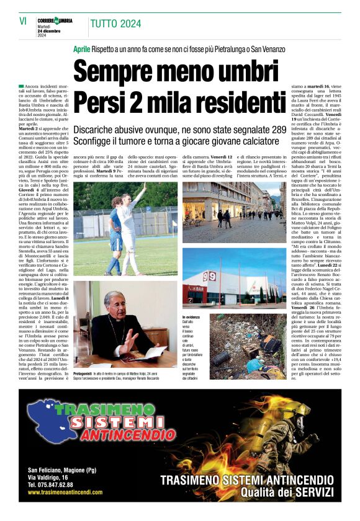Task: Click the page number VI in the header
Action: click(23, 21)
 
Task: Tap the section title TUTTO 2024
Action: click(115, 24)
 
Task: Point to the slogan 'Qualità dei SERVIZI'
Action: click(287, 491)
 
